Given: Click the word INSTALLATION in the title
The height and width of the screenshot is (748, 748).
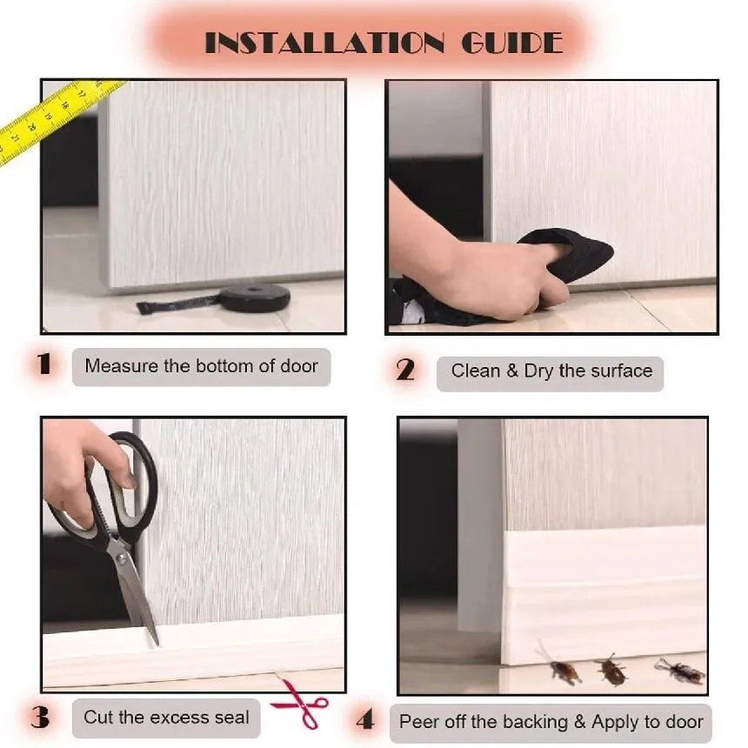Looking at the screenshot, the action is coord(324,43).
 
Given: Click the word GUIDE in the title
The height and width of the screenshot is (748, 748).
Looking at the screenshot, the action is coord(512,43).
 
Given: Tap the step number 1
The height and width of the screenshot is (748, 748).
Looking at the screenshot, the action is coord(43,364).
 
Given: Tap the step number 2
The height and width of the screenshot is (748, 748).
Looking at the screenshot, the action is coord(405,371).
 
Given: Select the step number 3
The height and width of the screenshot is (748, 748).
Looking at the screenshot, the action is coord(40,717).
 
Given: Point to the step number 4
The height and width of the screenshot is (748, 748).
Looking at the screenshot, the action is coord(365,720).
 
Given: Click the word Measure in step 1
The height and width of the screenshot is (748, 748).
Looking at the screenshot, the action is coord(122,366).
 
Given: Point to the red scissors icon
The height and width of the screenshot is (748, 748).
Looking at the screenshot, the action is coord(301,703).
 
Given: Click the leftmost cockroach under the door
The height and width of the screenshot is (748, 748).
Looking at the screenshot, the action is coord(563,667).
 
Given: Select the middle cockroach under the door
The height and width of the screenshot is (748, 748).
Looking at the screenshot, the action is coord(610,671).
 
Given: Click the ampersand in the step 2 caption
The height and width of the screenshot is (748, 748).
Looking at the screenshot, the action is coord(512,371).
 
